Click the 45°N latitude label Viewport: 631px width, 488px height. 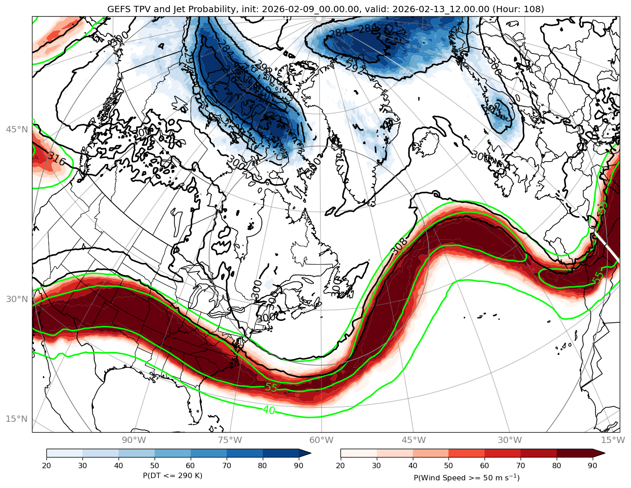(17, 130)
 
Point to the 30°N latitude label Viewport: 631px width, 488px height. (17, 299)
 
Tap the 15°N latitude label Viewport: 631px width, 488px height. (17, 419)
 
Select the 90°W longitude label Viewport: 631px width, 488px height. (134, 440)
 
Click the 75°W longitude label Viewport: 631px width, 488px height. (230, 440)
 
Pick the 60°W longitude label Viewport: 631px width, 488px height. (321, 440)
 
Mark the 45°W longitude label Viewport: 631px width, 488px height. (414, 440)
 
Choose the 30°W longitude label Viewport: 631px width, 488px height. (510, 440)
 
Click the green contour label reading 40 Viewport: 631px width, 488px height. (269, 410)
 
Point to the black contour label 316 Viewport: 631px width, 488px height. (57, 158)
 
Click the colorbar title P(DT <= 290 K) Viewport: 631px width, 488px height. (173, 475)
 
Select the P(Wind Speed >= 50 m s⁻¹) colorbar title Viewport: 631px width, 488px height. (466, 477)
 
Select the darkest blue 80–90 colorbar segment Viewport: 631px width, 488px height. (281, 453)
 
